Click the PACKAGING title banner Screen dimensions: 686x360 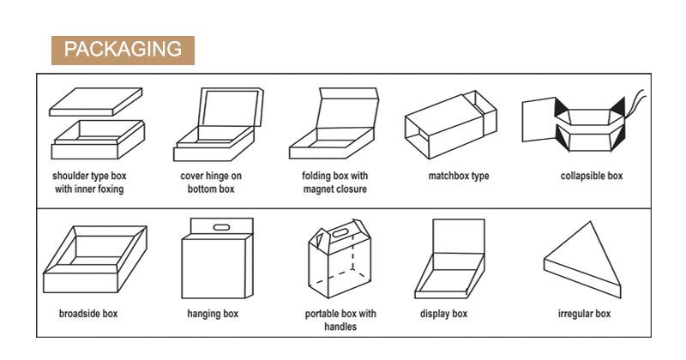tap(123, 51)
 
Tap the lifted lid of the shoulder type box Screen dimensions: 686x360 tap(96, 101)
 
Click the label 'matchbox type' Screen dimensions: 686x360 tap(459, 176)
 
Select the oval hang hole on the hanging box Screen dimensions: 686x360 tap(221, 227)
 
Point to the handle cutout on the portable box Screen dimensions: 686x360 tap(340, 232)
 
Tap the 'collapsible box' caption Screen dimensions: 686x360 tap(592, 176)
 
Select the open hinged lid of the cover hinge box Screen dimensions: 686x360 tap(231, 108)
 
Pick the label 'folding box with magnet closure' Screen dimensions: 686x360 tap(334, 183)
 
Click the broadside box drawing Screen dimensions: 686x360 tap(95, 259)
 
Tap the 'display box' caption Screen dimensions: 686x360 tap(443, 314)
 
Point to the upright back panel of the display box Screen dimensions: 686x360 tap(459, 237)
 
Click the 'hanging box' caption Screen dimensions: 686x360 tap(213, 314)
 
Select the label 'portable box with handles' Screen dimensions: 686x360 tap(340, 321)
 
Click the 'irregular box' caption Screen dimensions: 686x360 tap(584, 314)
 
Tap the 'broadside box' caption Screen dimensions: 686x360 tap(88, 314)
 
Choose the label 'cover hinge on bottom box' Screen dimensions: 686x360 tap(211, 183)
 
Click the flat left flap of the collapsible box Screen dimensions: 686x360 tap(539, 119)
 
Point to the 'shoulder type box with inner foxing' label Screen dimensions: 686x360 tap(89, 183)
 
